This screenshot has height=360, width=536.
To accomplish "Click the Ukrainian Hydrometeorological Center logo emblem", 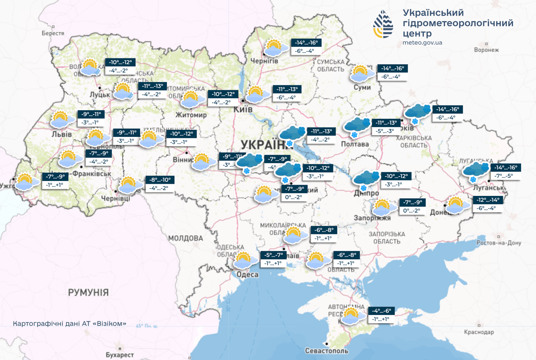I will (x=383, y=24).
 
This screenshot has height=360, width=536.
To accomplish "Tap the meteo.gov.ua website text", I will (x=422, y=43).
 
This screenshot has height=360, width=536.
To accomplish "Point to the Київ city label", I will (x=243, y=109).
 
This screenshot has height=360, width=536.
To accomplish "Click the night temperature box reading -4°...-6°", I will (x=381, y=311).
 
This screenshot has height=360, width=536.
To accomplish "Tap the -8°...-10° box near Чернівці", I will (x=160, y=180).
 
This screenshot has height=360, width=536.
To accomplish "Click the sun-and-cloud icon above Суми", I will (x=362, y=74).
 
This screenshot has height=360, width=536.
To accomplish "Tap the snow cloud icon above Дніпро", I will (x=366, y=180).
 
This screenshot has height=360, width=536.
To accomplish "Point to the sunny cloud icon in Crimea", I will (x=351, y=316).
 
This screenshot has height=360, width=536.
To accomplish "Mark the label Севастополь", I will (x=327, y=351).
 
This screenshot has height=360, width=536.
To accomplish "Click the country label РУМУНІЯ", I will (x=88, y=292).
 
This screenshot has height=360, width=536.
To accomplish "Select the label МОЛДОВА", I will (x=185, y=239).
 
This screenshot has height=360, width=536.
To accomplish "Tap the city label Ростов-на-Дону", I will (x=499, y=243).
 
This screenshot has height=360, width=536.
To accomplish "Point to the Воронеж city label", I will (x=486, y=50).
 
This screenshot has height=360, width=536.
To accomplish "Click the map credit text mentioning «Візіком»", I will (x=69, y=324).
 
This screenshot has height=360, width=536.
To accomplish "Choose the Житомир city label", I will (x=191, y=115).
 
